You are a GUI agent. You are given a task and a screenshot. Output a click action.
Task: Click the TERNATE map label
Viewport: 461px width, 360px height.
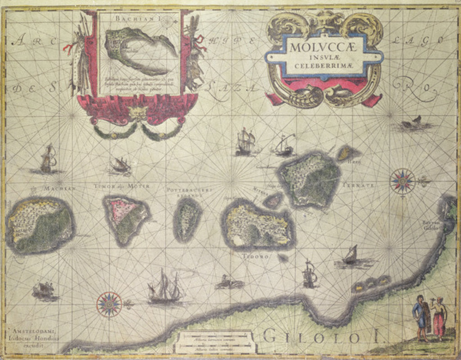pos(358,185)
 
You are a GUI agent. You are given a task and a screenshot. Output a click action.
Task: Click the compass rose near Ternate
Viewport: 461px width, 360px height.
pos(402,181)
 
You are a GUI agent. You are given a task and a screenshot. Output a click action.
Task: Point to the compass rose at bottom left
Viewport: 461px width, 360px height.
pos(109,304)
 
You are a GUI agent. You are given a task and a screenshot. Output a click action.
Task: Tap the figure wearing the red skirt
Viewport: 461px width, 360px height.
pos(438,318)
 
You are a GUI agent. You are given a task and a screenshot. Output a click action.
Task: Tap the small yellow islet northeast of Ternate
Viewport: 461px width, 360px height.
pos(346,153)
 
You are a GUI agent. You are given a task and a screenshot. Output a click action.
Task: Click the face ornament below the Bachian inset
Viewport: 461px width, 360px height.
pos(138,113)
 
